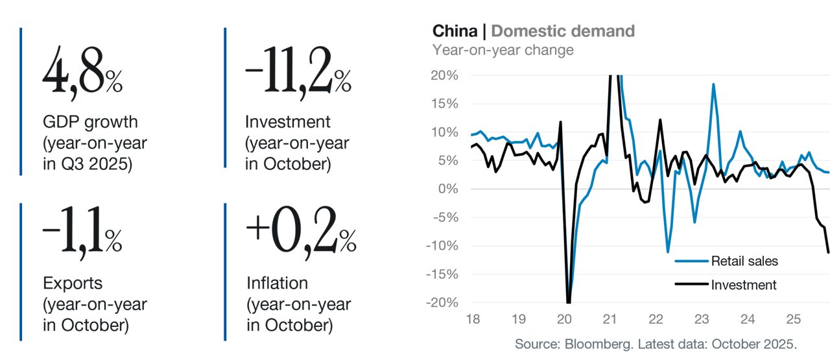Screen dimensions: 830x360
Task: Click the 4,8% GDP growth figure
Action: point(82,73)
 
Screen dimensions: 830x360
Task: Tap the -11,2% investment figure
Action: point(298,73)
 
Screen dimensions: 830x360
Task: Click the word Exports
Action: point(73,283)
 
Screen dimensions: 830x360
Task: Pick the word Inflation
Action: point(277,283)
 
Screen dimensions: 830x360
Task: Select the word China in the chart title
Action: point(455,31)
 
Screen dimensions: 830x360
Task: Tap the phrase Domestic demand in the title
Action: point(563,31)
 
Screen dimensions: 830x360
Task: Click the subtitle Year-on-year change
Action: point(503,50)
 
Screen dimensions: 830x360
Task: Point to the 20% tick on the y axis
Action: point(444,75)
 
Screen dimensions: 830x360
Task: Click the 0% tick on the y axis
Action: point(448,189)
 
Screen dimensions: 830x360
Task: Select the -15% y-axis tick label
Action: point(442,274)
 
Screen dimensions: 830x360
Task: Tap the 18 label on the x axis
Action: point(473,319)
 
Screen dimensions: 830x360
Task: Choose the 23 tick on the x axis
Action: point(702,319)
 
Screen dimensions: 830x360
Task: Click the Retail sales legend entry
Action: point(726,261)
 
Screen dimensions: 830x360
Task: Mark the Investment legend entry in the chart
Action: point(726,285)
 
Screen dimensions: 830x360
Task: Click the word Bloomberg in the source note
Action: point(599,344)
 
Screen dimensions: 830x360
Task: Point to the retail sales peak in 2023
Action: point(713,84)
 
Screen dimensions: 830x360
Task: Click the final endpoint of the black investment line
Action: point(828,252)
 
